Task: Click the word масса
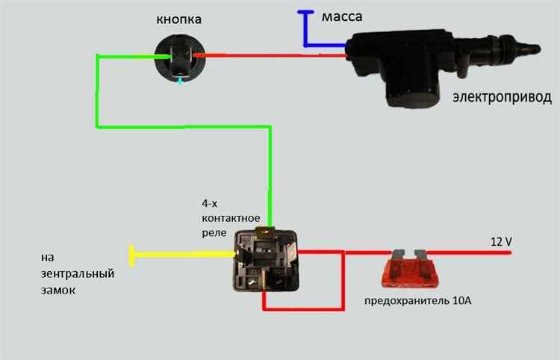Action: [343, 16]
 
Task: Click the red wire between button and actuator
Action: [269, 55]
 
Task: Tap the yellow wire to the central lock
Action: [179, 255]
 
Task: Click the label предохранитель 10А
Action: [418, 302]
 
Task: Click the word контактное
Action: [231, 217]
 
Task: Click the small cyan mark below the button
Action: [179, 81]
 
